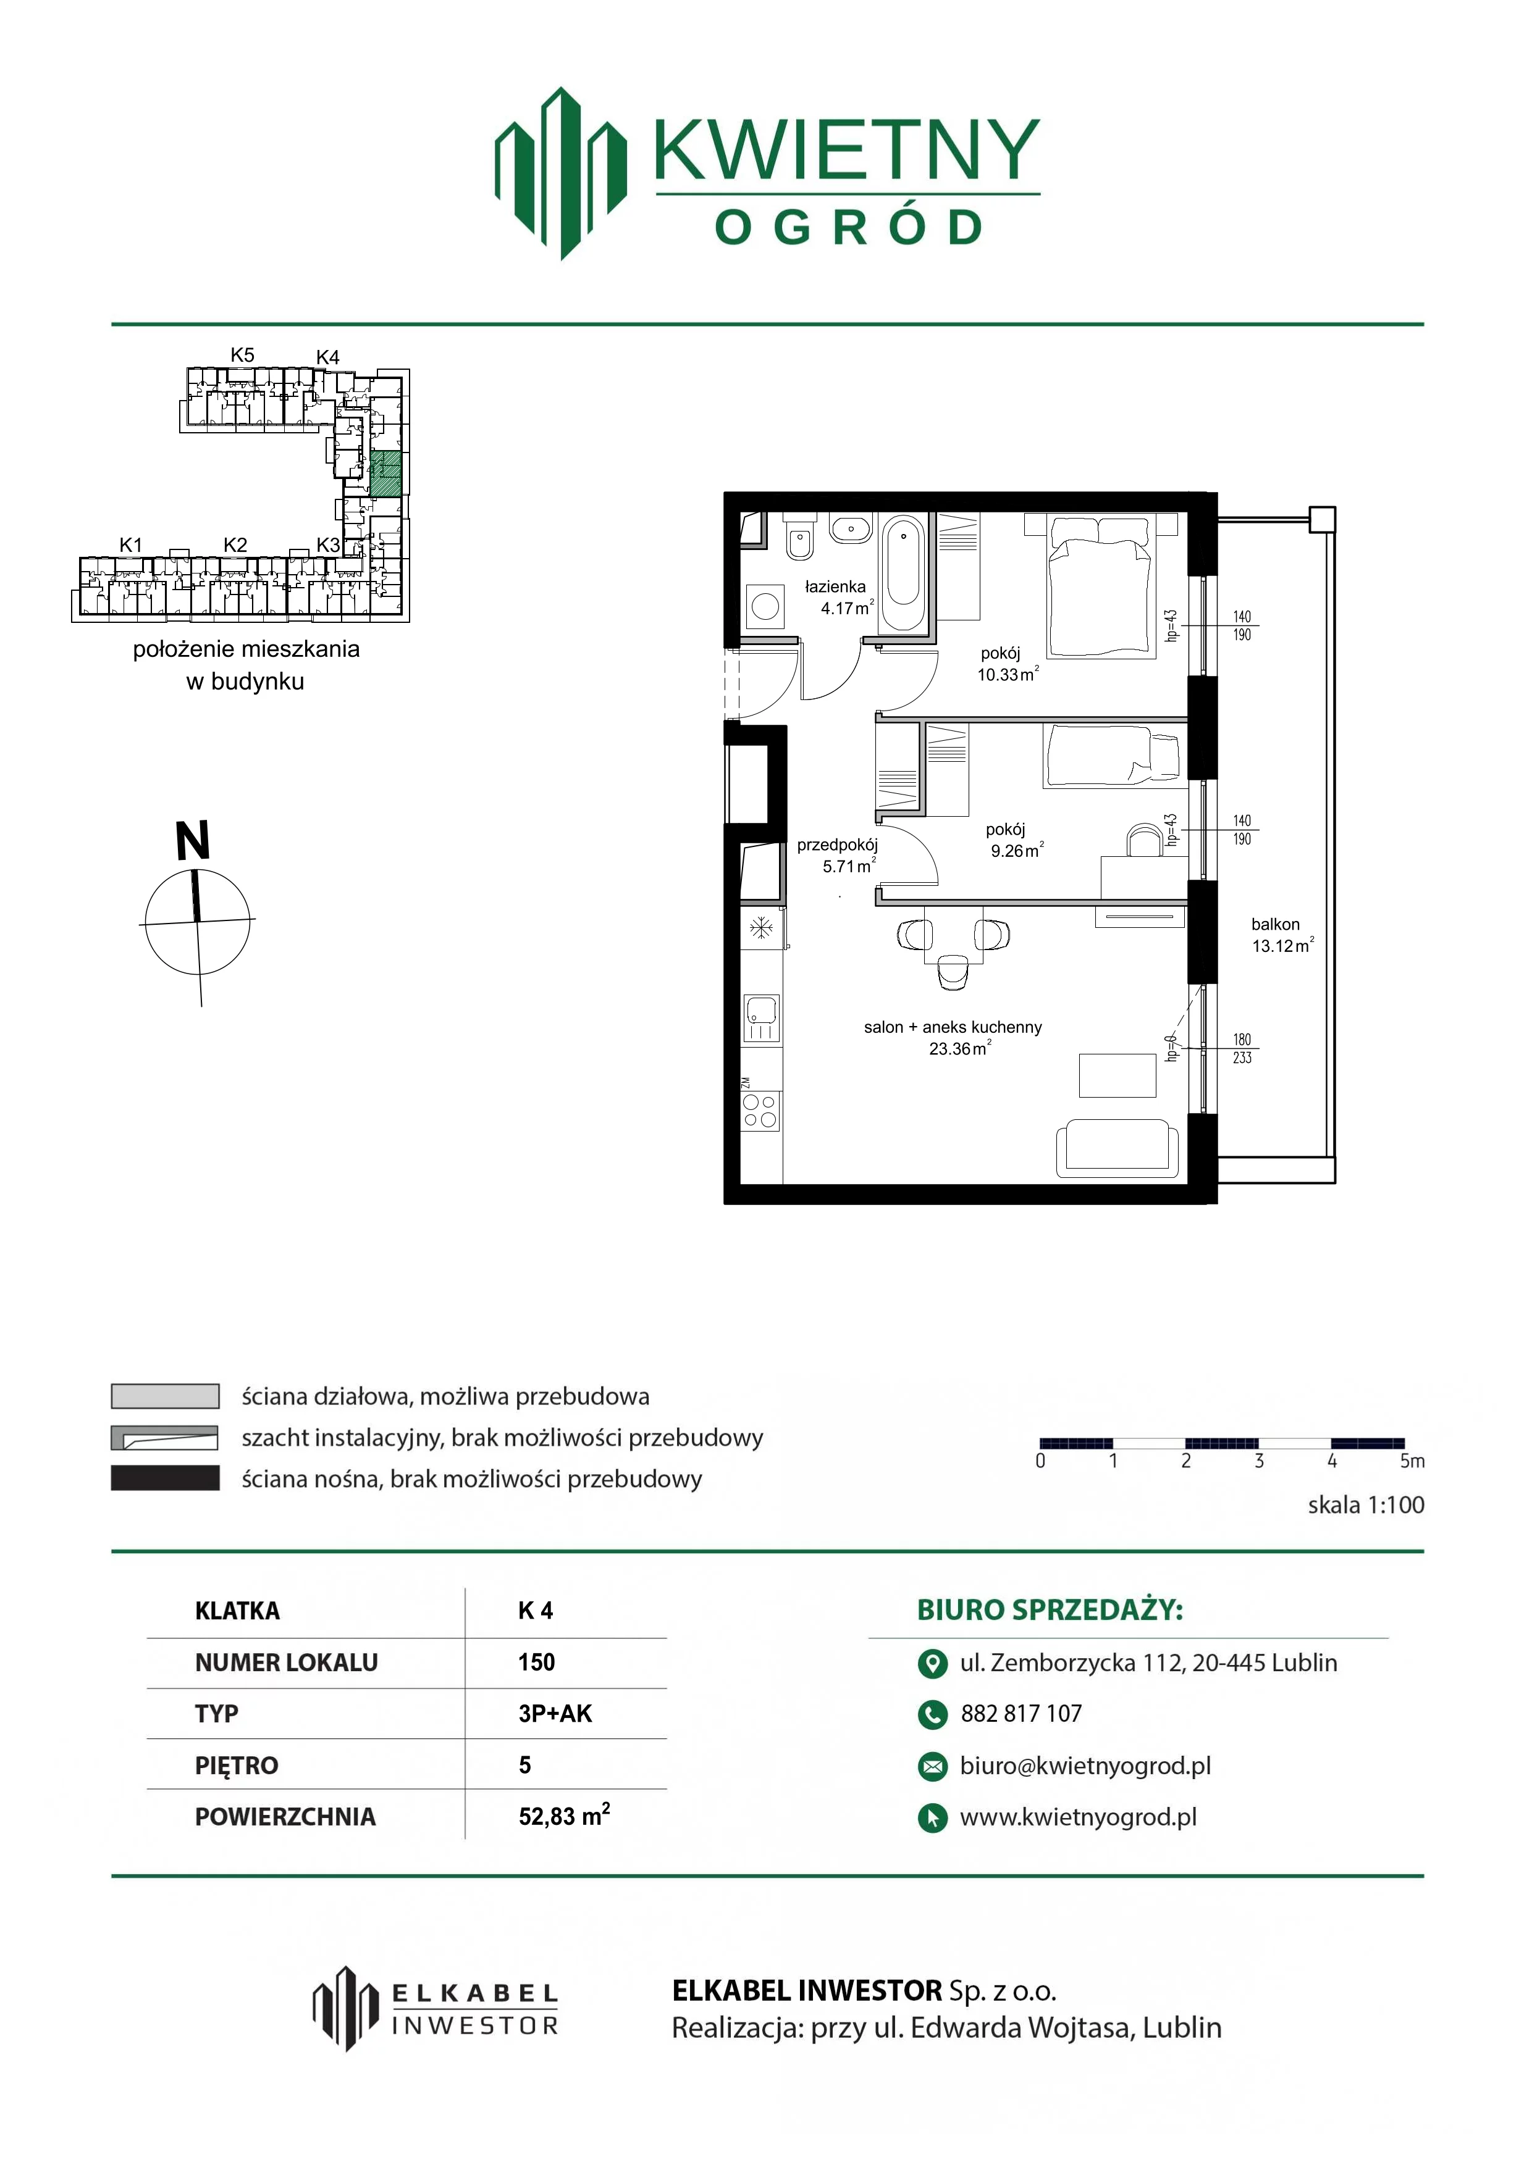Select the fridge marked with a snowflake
761,929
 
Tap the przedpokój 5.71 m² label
838,855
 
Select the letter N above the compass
193,840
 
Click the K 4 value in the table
536,1611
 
